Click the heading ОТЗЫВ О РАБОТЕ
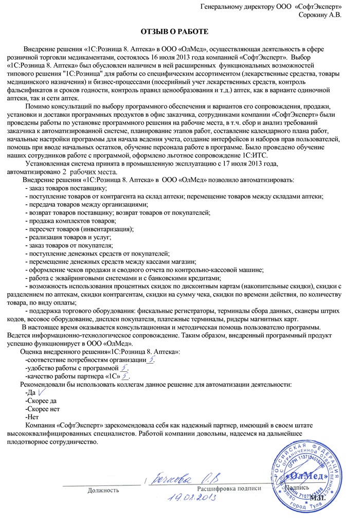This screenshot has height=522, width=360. point(175,32)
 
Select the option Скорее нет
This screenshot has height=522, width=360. point(43,409)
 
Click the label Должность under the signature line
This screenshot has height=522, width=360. point(103,490)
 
